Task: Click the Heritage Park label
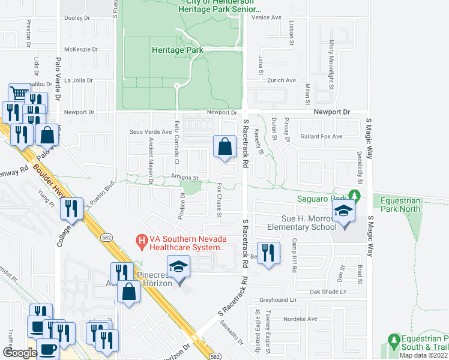click(x=177, y=50)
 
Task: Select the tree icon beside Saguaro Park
click(x=355, y=196)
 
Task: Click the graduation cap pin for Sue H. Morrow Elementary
click(x=344, y=212)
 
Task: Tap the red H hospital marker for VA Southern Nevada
click(x=142, y=241)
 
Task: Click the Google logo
click(x=20, y=352)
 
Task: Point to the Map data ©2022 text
click(x=423, y=355)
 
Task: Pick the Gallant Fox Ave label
click(x=321, y=136)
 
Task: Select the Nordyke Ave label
click(x=300, y=319)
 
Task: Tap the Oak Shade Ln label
click(x=328, y=292)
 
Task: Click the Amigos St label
click(x=184, y=178)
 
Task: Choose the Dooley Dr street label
click(x=76, y=18)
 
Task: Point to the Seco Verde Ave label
click(x=147, y=132)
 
